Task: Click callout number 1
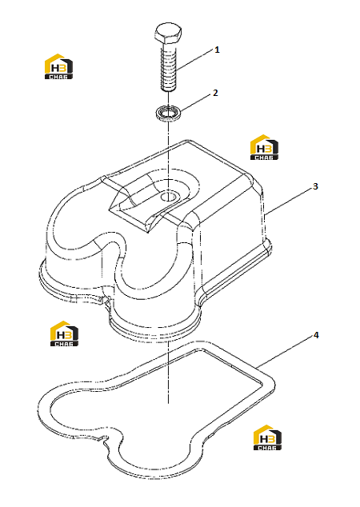click(217, 50)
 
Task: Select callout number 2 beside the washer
click(216, 93)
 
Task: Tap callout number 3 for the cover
click(315, 186)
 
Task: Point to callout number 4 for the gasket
click(316, 335)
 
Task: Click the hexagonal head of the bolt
click(167, 34)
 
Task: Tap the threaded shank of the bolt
click(169, 68)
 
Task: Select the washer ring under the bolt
click(167, 113)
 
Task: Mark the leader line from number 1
click(195, 60)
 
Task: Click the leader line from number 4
click(285, 352)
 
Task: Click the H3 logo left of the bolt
click(58, 66)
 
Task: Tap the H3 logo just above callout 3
click(264, 147)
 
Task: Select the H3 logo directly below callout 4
click(267, 437)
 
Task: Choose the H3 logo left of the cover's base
click(64, 333)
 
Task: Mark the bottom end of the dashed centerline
click(169, 403)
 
